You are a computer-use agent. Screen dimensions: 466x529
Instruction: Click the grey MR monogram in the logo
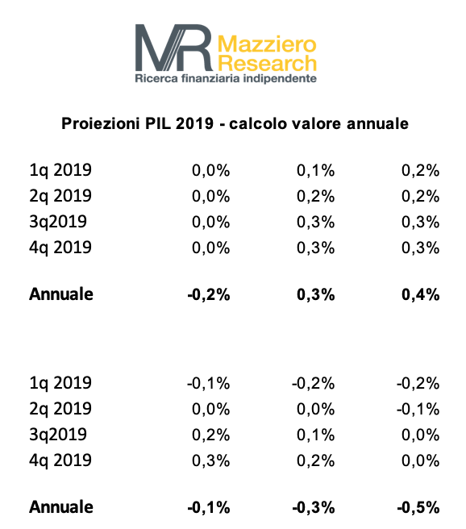coord(174,48)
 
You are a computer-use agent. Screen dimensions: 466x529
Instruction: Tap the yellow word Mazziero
coord(267,44)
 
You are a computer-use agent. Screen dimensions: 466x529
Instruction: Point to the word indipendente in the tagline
coord(280,79)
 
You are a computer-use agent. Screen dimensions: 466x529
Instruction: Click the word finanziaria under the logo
coord(210,78)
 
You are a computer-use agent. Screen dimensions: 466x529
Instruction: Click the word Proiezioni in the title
coord(100,123)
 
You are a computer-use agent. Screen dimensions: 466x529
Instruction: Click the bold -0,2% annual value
coord(209,294)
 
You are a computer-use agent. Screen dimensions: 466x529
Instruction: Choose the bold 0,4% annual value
coord(421,294)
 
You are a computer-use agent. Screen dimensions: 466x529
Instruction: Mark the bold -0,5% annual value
coord(418,508)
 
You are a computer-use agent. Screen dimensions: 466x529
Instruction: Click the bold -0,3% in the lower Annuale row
coord(314,508)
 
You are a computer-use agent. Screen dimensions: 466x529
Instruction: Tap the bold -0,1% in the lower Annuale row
coord(209,508)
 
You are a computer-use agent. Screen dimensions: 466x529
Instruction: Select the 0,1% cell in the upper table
coord(315,170)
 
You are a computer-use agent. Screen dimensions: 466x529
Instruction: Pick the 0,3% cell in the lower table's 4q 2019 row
coord(210,460)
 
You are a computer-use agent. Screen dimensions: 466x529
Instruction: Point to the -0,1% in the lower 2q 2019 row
coord(418,410)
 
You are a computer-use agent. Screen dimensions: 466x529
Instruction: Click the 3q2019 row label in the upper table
coord(58,222)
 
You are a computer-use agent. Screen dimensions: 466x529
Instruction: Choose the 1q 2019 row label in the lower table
coord(60,383)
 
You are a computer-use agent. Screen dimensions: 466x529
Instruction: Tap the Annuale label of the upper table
coord(61,294)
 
